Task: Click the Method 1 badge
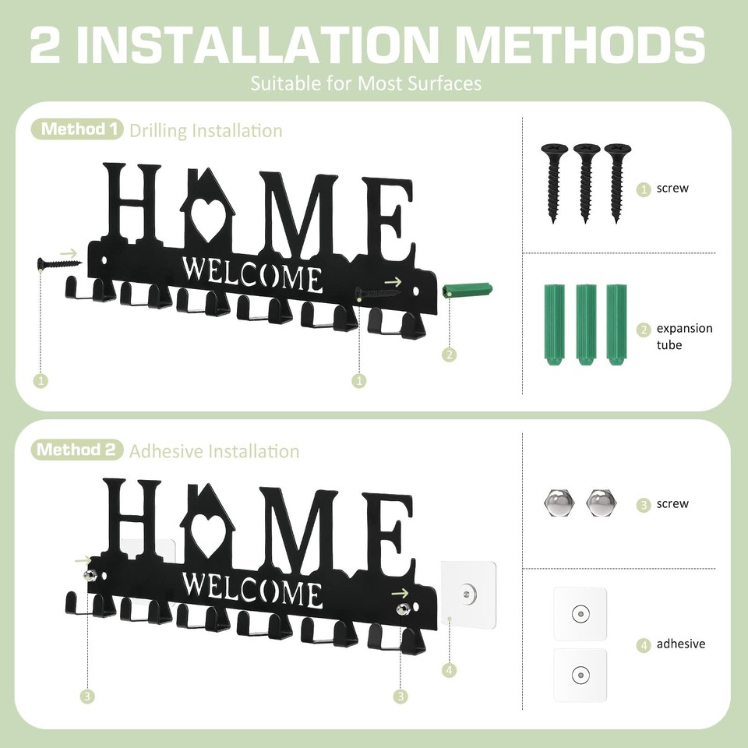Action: (x=77, y=129)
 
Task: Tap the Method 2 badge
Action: (x=77, y=450)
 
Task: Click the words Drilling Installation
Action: (x=206, y=130)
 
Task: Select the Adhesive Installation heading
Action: (x=214, y=451)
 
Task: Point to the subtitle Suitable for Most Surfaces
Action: (x=365, y=83)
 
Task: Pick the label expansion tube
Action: (x=683, y=337)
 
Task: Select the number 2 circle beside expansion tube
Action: (x=644, y=330)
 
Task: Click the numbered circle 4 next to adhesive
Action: (x=644, y=645)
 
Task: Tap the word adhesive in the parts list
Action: (x=680, y=644)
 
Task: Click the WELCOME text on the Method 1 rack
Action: (x=252, y=273)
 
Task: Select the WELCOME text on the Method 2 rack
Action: (x=252, y=592)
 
